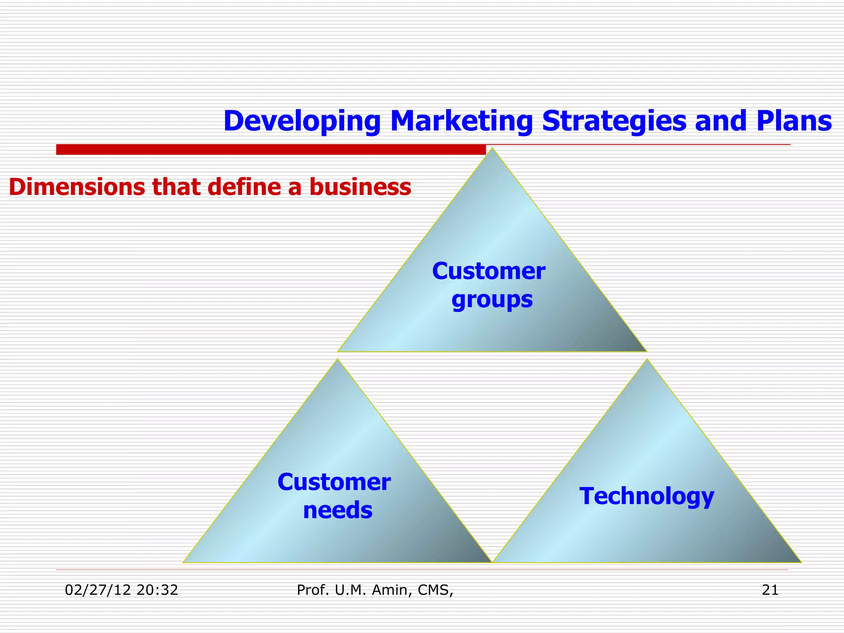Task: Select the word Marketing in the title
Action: (x=461, y=121)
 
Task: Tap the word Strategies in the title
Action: (x=614, y=121)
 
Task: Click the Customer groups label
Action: (x=489, y=285)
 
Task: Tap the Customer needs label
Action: (x=334, y=496)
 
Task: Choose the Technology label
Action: (x=647, y=496)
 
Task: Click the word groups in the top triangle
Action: (x=492, y=300)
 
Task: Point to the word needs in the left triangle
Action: (x=338, y=510)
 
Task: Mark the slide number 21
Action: (x=770, y=590)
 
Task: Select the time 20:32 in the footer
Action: (x=157, y=590)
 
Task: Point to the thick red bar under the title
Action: (x=271, y=150)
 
